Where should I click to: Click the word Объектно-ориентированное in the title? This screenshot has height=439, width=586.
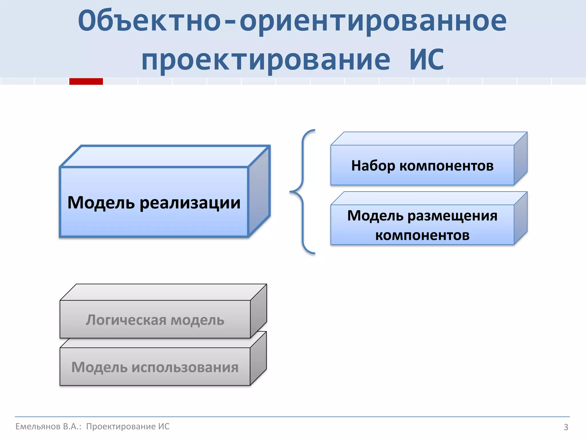pos(292,21)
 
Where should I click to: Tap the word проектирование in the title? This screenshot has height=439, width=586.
pos(266,60)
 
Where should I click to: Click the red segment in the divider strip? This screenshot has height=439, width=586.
pos(86,81)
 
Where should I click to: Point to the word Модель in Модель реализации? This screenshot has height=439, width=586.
pos(101,203)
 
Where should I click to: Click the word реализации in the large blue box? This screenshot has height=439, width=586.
pos(190,203)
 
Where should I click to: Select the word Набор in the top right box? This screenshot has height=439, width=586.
pos(373,166)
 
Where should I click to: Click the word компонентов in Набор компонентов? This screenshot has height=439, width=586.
pos(446,166)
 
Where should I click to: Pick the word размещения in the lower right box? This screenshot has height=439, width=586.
pos(452,216)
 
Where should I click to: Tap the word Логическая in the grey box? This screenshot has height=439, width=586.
pos(126,320)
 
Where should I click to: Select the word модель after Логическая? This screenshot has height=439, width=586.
pos(197,320)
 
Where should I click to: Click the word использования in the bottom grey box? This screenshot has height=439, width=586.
pos(185,368)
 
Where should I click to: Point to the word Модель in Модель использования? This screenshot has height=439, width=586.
pos(99,368)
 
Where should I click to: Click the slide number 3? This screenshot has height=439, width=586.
pos(566,427)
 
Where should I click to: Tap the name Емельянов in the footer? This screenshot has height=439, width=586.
pos(38,426)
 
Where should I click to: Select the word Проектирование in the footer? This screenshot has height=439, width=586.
pos(121,426)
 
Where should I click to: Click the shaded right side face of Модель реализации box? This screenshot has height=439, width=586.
pos(259,191)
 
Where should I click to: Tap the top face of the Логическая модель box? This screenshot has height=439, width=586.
pos(163,292)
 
